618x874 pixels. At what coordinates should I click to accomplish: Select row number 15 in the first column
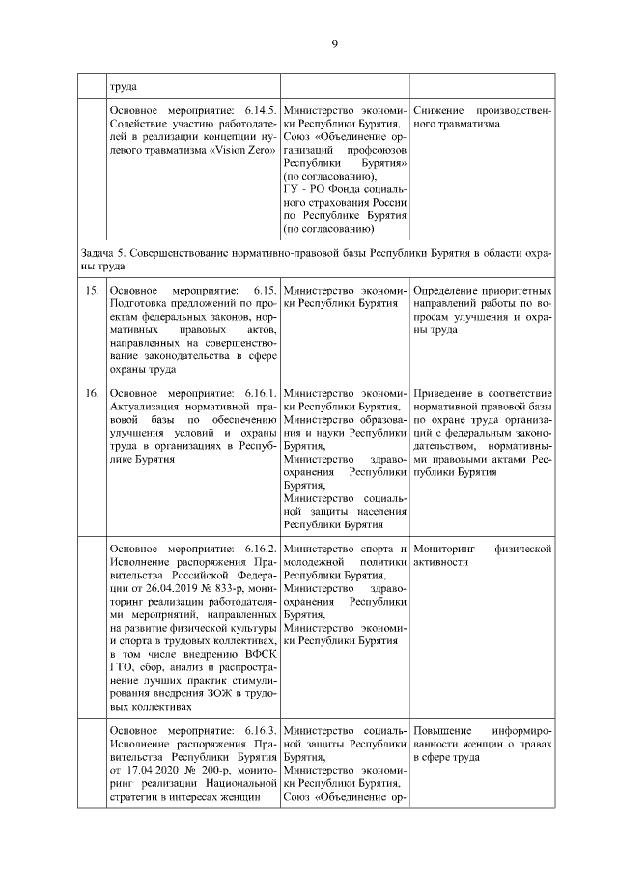[93, 291]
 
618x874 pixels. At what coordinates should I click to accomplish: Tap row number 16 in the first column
[93, 394]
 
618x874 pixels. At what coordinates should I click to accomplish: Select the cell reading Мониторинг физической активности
[481, 555]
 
